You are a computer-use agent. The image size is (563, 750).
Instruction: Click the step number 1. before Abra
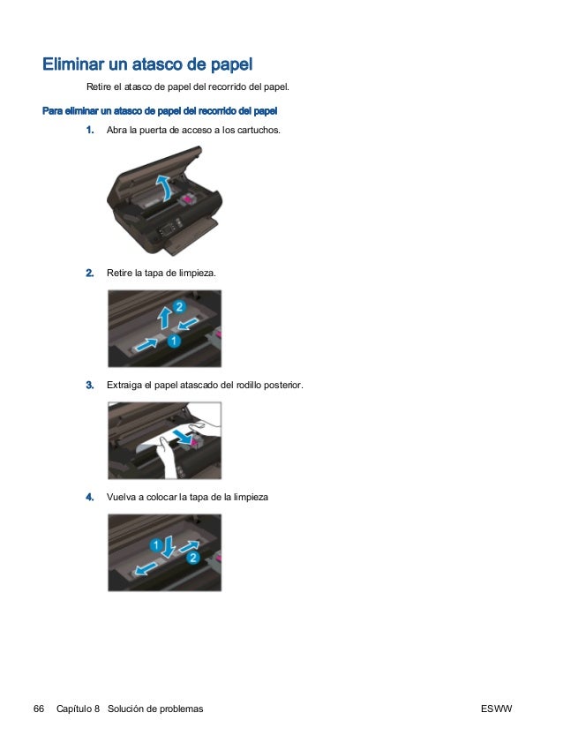(x=90, y=130)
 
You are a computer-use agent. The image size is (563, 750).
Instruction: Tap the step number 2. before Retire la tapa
(x=90, y=274)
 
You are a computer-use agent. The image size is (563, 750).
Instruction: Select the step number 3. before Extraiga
(x=90, y=385)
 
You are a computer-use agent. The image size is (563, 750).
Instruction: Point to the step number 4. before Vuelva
(x=90, y=497)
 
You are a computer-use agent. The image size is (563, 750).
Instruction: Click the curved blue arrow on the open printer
(x=165, y=187)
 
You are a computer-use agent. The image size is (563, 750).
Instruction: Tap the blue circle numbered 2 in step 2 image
(x=179, y=306)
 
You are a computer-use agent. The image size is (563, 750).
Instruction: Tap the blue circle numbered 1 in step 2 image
(x=174, y=341)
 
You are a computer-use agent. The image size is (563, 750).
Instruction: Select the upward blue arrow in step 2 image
(x=165, y=317)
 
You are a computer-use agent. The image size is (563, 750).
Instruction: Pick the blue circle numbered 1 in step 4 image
(x=155, y=544)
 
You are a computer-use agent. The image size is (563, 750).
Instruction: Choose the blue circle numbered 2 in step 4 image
(x=192, y=558)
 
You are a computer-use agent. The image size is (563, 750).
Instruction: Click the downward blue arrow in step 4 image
(x=169, y=547)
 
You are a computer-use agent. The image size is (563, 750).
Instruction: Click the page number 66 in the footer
(x=39, y=709)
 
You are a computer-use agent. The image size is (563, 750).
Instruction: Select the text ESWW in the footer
(x=496, y=709)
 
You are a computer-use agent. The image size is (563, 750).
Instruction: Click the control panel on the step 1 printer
(x=169, y=229)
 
